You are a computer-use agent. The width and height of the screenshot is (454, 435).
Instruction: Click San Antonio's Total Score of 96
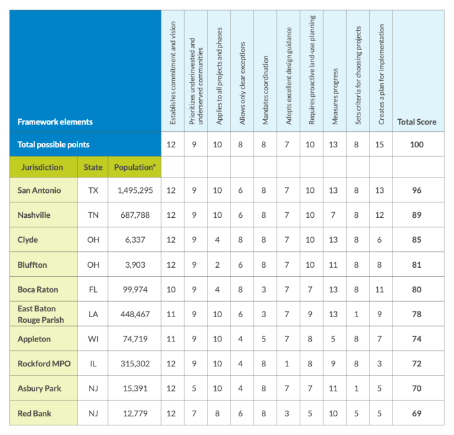416,190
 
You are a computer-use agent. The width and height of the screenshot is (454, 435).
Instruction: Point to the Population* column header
134,167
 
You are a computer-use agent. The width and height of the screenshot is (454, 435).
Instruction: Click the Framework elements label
55,122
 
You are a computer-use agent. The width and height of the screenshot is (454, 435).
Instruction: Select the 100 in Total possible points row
416,144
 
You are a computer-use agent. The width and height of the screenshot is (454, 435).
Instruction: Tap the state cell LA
93,315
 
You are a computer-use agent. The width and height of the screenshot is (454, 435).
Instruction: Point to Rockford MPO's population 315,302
134,364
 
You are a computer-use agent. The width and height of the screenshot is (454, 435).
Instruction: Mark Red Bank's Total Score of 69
416,413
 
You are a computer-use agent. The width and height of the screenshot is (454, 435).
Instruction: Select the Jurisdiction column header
42,167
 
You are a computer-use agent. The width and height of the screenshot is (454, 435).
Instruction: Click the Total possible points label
53,144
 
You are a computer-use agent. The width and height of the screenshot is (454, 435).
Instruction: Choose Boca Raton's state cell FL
93,289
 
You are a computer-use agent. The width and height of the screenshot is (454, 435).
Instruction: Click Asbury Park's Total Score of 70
416,388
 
